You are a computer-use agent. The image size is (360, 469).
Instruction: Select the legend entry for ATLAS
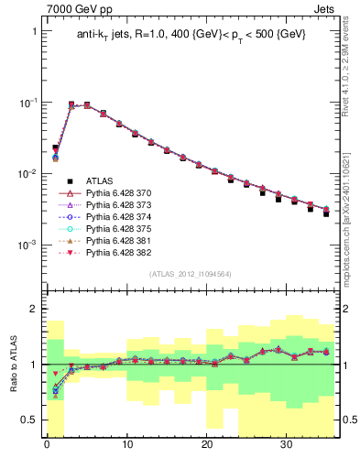coord(101,180)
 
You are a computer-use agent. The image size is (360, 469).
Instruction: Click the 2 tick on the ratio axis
coord(35,310)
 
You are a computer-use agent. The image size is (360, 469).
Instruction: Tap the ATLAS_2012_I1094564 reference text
coord(190,274)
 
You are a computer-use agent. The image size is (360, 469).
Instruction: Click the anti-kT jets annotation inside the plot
coord(191,35)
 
